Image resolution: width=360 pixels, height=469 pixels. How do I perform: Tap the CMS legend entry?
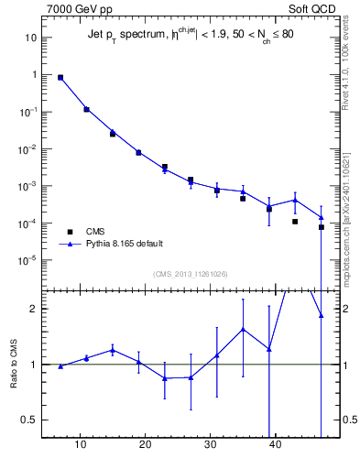97,232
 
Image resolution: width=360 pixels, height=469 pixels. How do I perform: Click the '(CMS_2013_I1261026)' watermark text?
190,274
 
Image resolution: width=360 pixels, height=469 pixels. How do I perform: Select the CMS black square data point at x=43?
295,221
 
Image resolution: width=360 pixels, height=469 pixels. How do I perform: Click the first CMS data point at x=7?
60,78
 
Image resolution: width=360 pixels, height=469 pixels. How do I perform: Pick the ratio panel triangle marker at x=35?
243,329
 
